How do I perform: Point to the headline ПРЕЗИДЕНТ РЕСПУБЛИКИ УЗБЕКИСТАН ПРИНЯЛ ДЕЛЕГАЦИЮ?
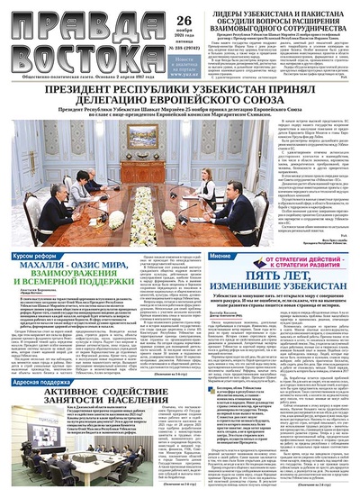tap(180, 95)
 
